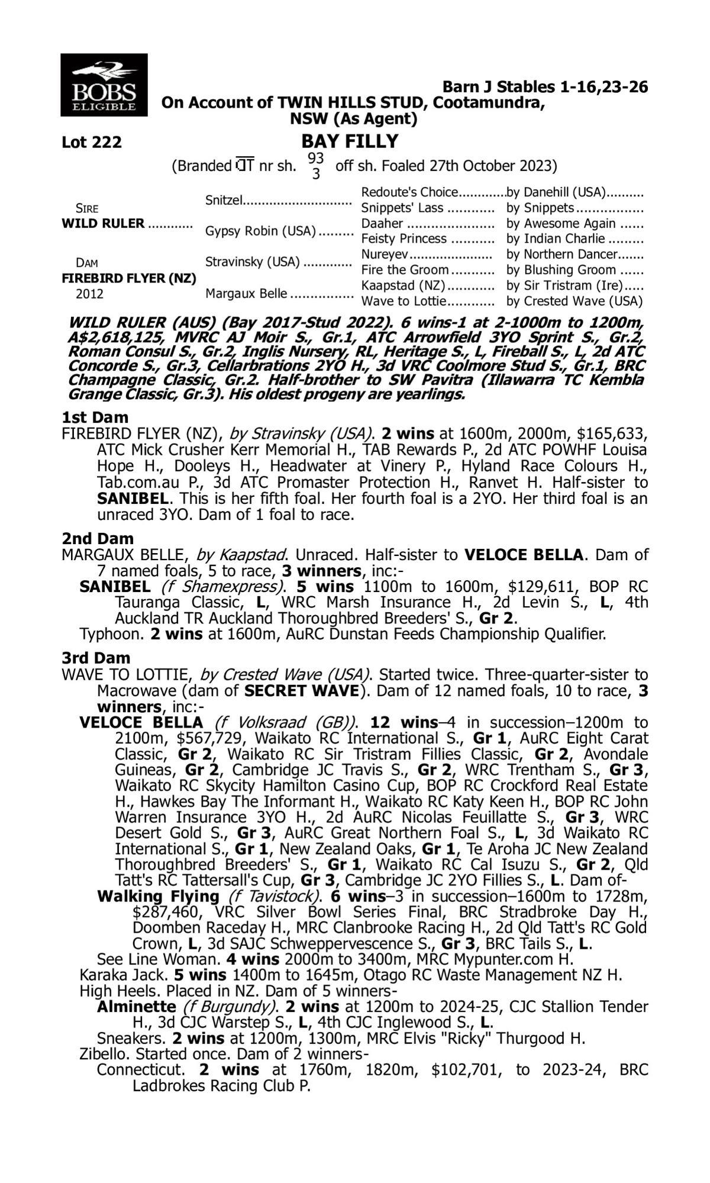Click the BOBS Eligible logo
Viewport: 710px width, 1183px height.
(104, 85)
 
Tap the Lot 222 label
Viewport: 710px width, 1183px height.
(92, 143)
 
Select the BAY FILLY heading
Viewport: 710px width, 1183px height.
(350, 142)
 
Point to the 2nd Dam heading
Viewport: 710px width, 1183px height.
(98, 539)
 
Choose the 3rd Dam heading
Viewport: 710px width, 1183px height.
(96, 658)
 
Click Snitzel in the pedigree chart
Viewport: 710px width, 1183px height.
(224, 200)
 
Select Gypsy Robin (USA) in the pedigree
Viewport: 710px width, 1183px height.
(260, 231)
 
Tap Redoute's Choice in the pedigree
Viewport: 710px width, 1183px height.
(409, 192)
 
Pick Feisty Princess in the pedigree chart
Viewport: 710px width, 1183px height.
(404, 238)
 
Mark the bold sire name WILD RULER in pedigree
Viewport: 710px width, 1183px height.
(103, 224)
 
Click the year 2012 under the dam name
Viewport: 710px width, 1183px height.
(89, 294)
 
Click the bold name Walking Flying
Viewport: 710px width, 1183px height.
(158, 896)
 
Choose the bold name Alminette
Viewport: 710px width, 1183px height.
(137, 1007)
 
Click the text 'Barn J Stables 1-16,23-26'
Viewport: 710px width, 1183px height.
(545, 88)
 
